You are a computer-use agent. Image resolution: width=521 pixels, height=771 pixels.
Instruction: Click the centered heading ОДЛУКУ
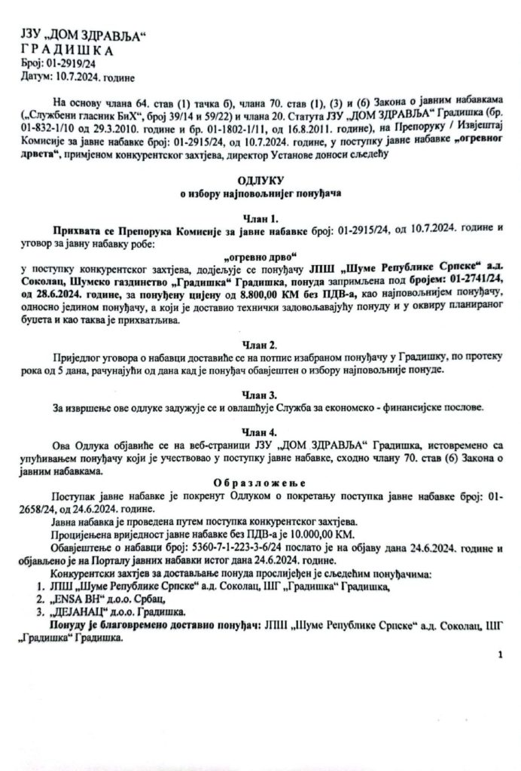260,181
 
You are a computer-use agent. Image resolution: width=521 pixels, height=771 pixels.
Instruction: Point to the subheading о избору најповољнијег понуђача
260,195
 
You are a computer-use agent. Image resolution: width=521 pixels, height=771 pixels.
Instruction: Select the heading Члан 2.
260,343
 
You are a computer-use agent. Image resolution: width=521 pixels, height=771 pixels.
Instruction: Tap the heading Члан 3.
260,395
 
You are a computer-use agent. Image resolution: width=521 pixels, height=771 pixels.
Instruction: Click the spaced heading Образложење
260,484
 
